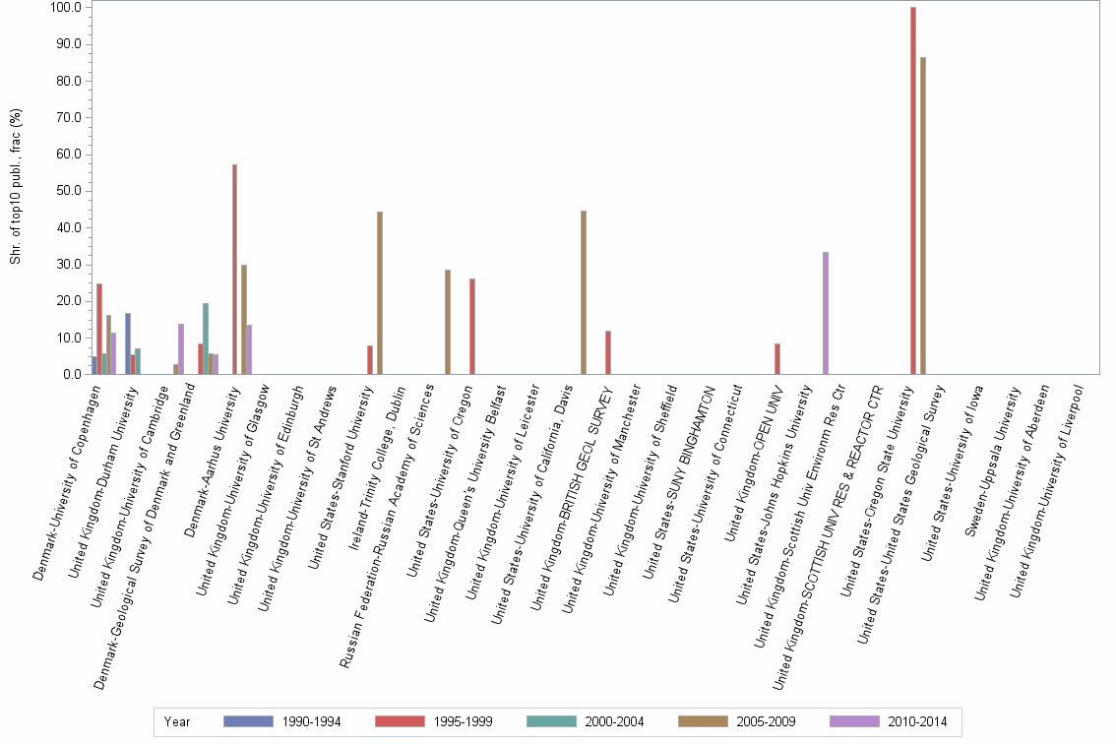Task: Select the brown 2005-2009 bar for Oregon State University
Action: pyautogui.click(x=923, y=216)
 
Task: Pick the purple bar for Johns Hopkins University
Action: pyautogui.click(x=826, y=313)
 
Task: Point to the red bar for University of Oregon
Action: pyautogui.click(x=472, y=326)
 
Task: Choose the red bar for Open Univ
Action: pyautogui.click(x=777, y=358)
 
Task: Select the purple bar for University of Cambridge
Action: pyautogui.click(x=181, y=348)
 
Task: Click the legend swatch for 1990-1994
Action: pyautogui.click(x=248, y=721)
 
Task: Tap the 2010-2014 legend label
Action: pyautogui.click(x=917, y=721)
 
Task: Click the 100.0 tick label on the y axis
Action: pyautogui.click(x=66, y=8)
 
